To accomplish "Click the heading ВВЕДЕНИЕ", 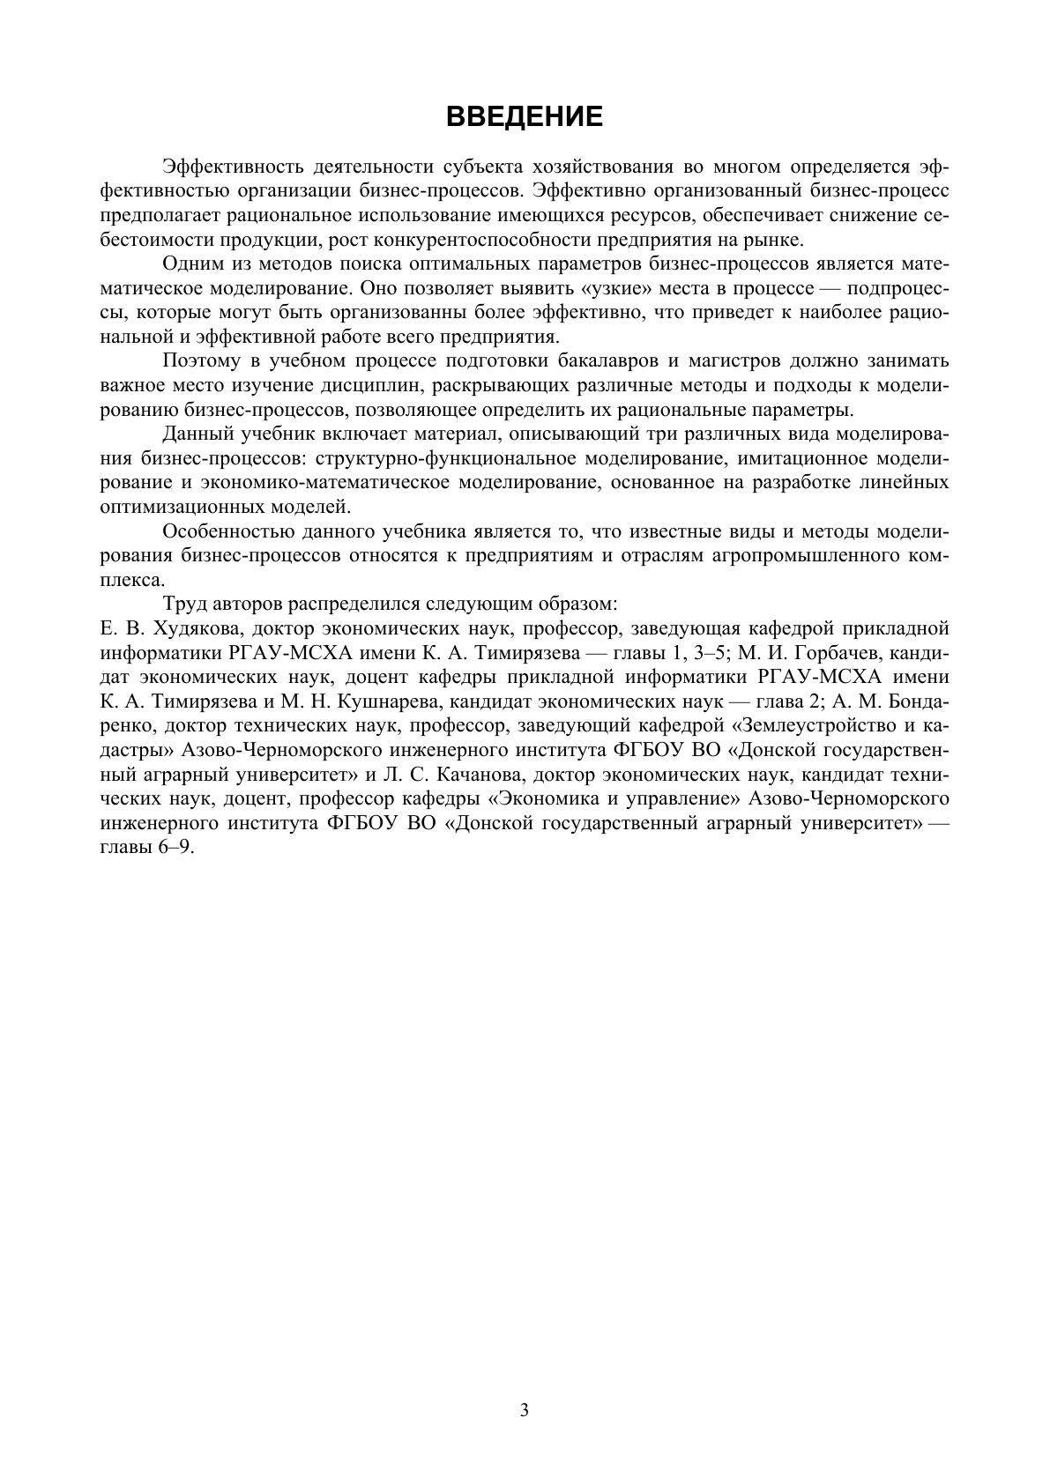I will pyautogui.click(x=525, y=116).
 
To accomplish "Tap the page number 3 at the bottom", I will pyautogui.click(x=525, y=1410).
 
